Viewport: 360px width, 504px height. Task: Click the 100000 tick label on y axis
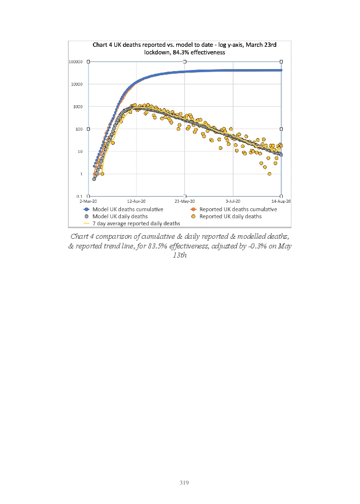(76, 61)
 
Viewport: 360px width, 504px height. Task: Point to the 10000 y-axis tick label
(77, 84)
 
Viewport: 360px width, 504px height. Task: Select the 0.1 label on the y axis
(80, 196)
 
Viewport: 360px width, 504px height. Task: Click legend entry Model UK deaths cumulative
(127, 209)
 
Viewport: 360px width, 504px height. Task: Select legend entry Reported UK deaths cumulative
(238, 209)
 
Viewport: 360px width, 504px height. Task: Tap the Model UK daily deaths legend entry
(120, 216)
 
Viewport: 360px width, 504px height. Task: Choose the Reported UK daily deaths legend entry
(231, 216)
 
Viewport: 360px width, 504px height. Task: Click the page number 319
(184, 483)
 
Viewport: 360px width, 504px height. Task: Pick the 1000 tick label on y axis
(78, 106)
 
